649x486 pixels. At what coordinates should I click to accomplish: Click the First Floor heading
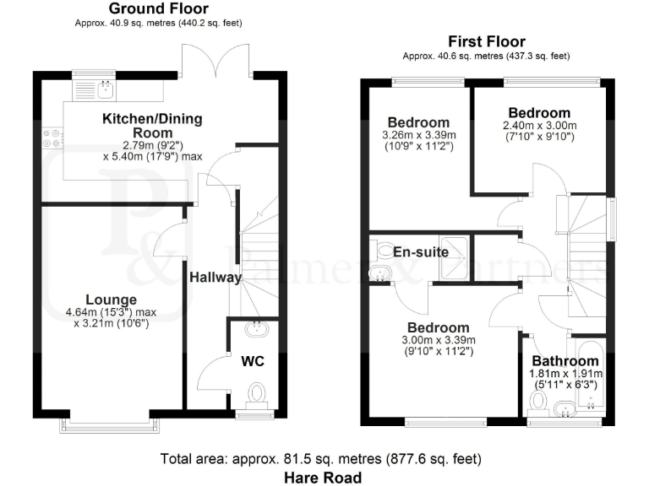pyautogui.click(x=486, y=41)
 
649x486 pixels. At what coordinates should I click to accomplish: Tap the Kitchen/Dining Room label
pyautogui.click(x=152, y=126)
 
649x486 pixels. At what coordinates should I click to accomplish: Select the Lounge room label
pyautogui.click(x=110, y=300)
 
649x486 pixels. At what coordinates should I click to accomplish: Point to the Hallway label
pyautogui.click(x=215, y=278)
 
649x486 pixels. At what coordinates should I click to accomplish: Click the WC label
pyautogui.click(x=254, y=362)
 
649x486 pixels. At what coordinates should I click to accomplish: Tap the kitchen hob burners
pyautogui.click(x=52, y=138)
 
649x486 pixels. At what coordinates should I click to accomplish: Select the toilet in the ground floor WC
pyautogui.click(x=256, y=392)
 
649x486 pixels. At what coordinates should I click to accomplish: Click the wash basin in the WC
pyautogui.click(x=253, y=330)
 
